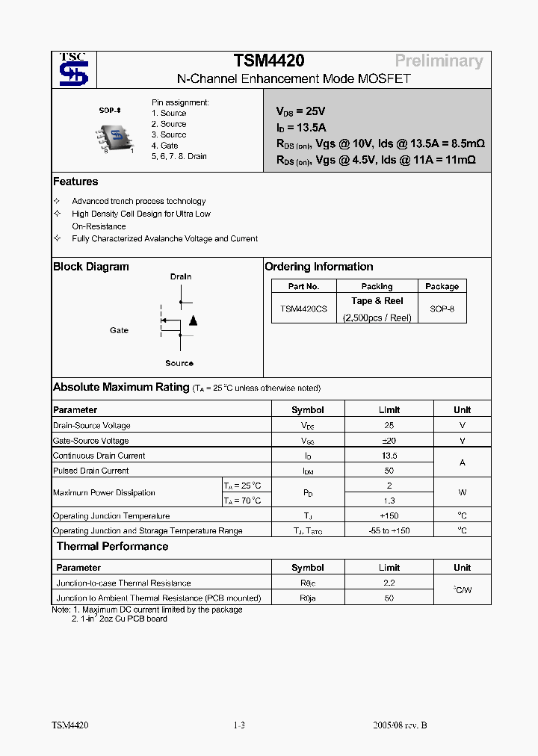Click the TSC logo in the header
(73, 69)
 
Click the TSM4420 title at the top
(269, 61)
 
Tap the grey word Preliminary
(439, 61)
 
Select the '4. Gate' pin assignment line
(164, 146)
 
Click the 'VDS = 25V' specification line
(301, 111)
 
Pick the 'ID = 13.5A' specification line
(301, 127)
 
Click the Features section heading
(75, 182)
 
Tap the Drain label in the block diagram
(181, 276)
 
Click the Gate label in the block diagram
(119, 330)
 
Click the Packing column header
(377, 286)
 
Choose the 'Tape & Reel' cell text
(377, 301)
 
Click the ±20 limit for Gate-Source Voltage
(389, 441)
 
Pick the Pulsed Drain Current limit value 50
(389, 471)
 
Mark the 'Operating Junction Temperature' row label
(111, 516)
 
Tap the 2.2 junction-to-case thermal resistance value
(389, 583)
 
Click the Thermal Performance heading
(112, 546)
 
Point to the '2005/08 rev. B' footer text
(400, 725)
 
